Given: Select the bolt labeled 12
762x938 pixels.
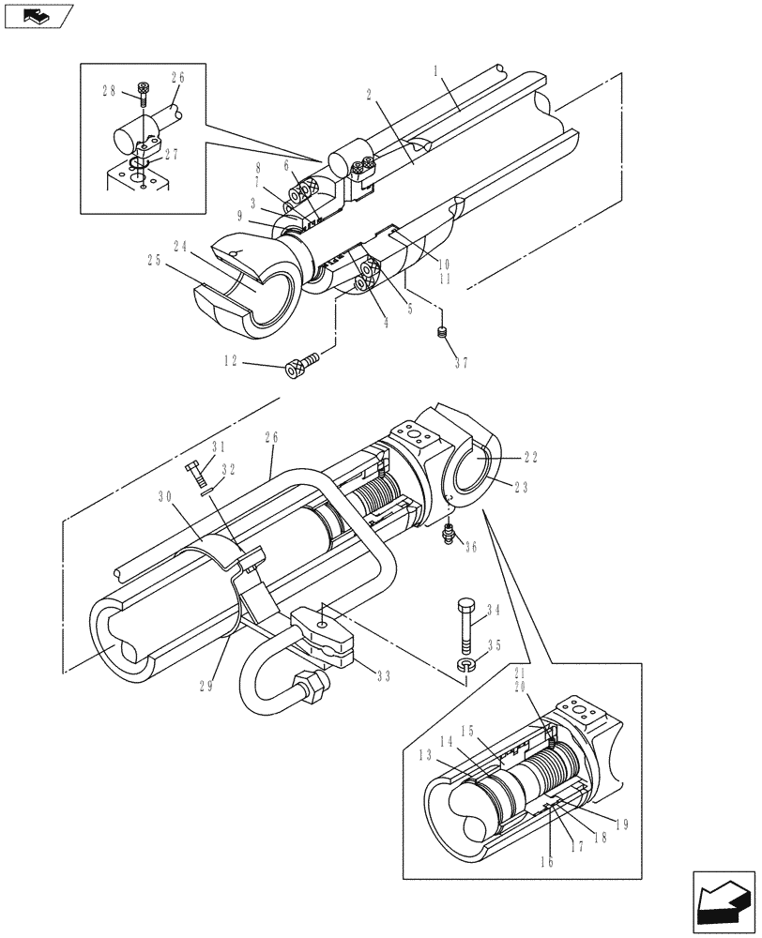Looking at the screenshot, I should coord(297,366).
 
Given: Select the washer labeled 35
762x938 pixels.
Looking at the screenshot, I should coord(467,665).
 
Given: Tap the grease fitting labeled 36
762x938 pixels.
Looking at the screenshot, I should coord(448,536).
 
